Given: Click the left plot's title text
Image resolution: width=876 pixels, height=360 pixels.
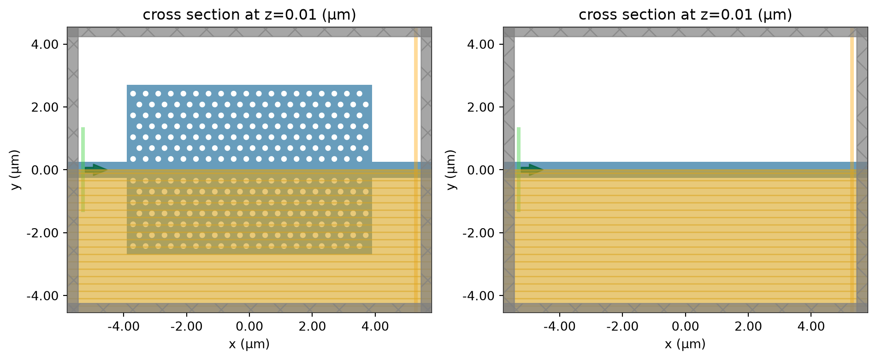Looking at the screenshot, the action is [249, 15].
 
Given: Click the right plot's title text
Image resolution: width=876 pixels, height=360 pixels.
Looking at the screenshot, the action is [685, 15].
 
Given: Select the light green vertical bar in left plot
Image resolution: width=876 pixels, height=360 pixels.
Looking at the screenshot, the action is [83, 170].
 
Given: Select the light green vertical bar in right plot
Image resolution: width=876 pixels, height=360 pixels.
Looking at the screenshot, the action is [519, 170].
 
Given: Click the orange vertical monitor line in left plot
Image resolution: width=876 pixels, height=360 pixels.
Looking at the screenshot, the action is [415, 170].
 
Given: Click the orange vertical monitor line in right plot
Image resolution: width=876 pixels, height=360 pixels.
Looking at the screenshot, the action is [852, 170].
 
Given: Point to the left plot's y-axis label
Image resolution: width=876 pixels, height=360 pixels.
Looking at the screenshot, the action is [16, 170].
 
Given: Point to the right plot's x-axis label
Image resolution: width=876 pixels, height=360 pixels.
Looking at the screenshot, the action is [685, 344].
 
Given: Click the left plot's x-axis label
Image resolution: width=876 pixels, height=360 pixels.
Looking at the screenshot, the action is [249, 344].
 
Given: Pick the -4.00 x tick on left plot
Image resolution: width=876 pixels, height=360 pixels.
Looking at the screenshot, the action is [123, 327].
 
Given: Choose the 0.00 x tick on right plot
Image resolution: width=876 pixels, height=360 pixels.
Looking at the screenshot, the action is [685, 327].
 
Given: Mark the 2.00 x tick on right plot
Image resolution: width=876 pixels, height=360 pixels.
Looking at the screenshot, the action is [748, 327].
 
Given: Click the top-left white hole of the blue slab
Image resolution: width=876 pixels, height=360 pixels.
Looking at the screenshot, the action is [133, 94].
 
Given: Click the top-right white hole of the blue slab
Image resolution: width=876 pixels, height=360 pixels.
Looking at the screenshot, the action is [359, 94].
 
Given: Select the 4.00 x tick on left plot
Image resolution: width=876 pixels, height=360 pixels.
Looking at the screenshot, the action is [375, 327].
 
